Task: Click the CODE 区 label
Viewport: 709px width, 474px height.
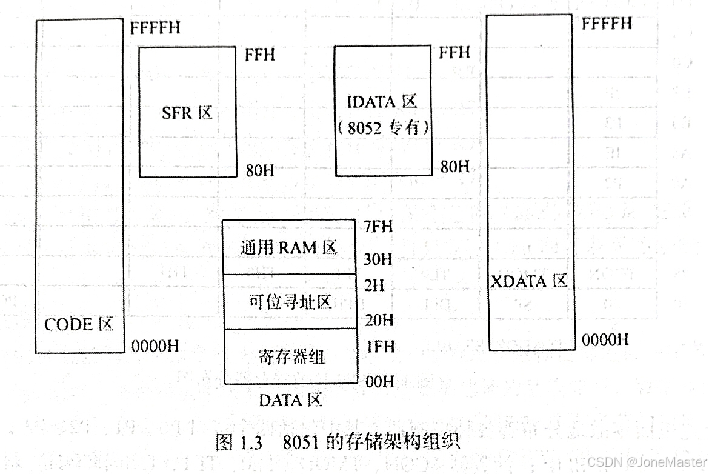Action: tap(79, 324)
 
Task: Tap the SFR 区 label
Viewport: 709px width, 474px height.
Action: tap(187, 113)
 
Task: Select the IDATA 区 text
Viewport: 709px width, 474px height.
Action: tap(383, 102)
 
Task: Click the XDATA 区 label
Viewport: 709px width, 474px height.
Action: tap(528, 281)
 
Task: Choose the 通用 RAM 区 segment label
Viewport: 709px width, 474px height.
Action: tap(288, 247)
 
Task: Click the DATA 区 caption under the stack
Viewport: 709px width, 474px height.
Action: tap(291, 400)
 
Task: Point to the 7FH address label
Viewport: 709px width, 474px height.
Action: tap(379, 227)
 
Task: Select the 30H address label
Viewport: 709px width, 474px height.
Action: tap(379, 259)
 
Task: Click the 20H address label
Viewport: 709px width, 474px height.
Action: tap(379, 319)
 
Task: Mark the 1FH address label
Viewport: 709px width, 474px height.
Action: tap(379, 347)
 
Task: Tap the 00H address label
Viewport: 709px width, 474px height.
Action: tap(379, 381)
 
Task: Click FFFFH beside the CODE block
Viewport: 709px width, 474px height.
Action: tap(155, 27)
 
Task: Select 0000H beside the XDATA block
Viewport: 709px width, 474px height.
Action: tap(605, 340)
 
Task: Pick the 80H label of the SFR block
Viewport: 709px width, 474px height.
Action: tap(259, 170)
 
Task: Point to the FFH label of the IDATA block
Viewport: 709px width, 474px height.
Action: tap(454, 52)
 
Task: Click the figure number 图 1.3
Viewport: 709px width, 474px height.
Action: tap(239, 442)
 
